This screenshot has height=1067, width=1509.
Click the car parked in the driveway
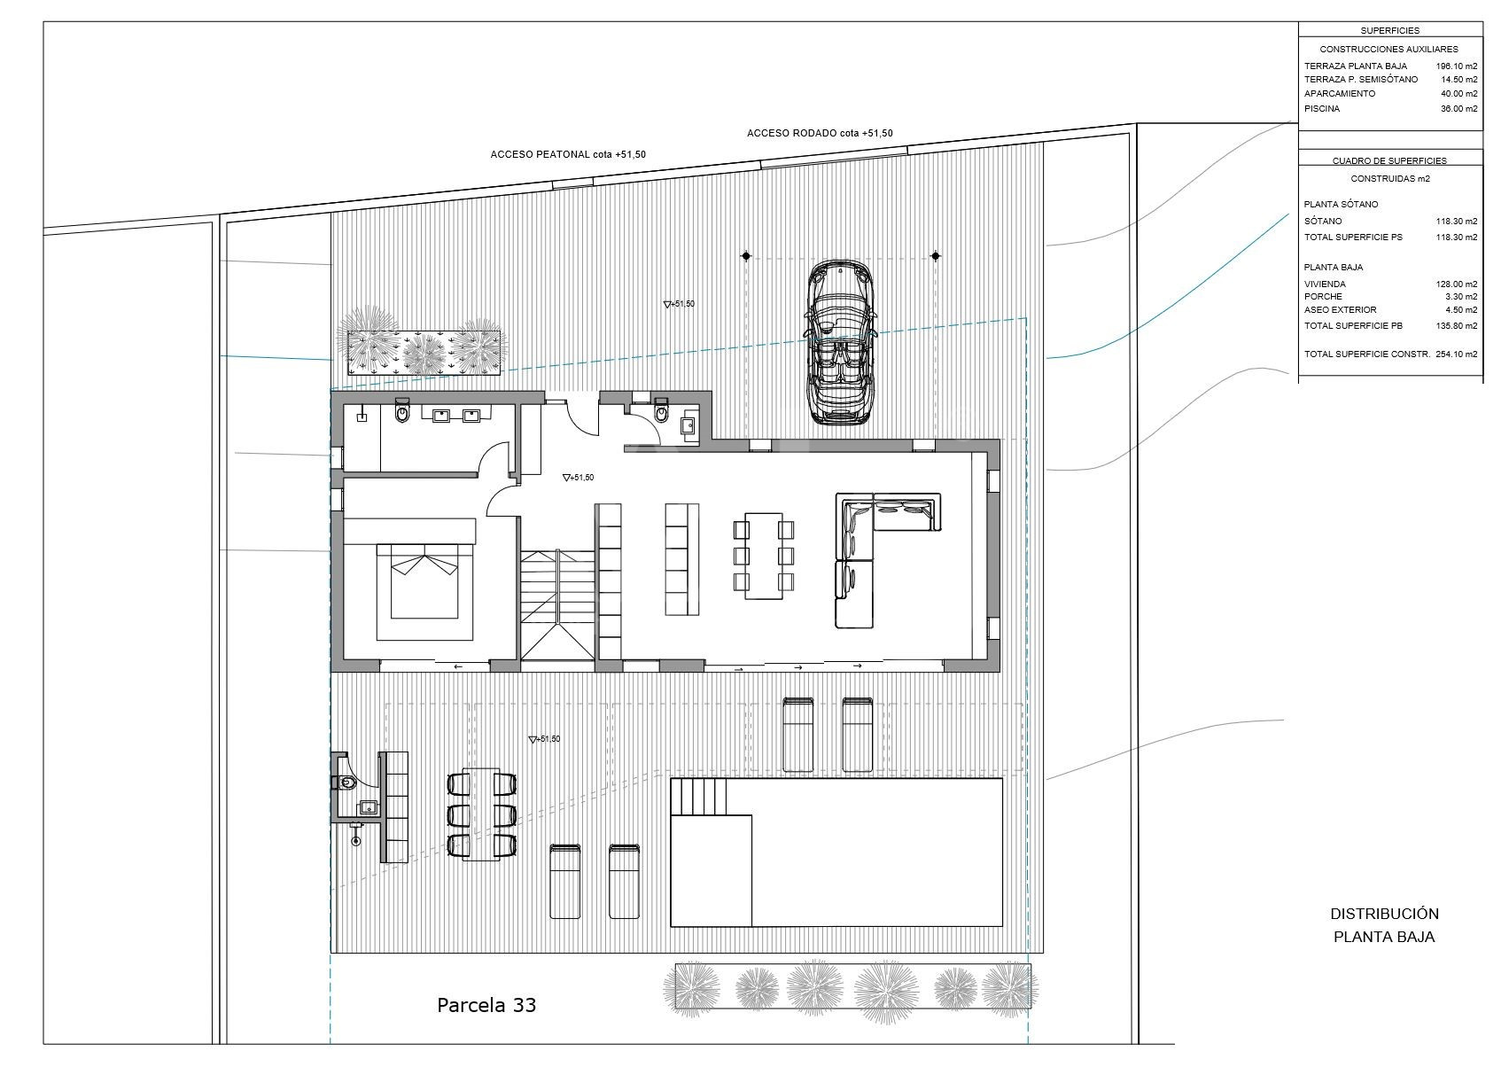click(841, 341)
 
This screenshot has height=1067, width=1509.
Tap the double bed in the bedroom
click(424, 580)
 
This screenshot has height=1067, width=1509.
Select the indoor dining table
click(763, 556)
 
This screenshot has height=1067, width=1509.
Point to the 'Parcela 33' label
click(486, 1006)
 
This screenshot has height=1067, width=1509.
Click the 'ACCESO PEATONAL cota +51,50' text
click(568, 154)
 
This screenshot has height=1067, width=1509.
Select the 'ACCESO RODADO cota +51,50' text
click(820, 133)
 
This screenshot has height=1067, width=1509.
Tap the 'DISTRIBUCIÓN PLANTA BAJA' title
click(1384, 925)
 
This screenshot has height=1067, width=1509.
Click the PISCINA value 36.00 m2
click(1459, 108)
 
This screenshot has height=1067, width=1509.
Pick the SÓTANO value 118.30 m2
click(1457, 221)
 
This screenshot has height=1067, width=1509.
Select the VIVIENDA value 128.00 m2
click(1457, 284)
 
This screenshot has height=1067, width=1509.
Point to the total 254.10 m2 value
click(1457, 354)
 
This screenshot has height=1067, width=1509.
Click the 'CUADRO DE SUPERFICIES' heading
click(1389, 161)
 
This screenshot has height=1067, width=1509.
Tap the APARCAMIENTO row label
click(1340, 94)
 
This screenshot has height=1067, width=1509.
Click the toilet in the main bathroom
click(402, 411)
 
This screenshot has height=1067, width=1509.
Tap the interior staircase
click(557, 604)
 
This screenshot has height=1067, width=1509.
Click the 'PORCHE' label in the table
click(1323, 296)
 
